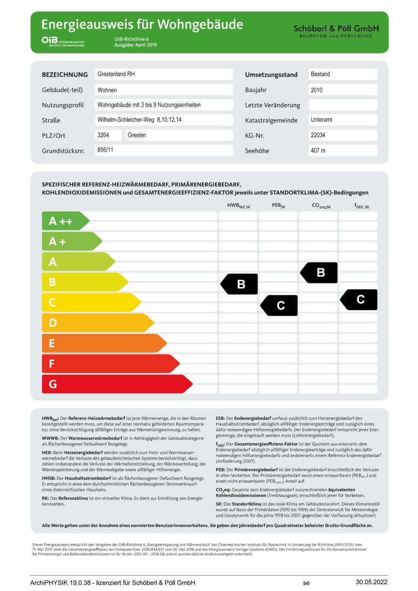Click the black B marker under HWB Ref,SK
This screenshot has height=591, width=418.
pos(240,284)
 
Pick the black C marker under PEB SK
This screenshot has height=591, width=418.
pos(280,305)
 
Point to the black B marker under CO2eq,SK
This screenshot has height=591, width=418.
pos(320,273)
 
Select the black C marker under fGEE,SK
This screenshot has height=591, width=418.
pos(359,300)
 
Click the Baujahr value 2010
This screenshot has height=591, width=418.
pos(342,90)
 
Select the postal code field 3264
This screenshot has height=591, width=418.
pos(108,135)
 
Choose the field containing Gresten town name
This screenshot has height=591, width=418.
pos(179,135)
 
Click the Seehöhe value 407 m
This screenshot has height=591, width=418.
pos(342,150)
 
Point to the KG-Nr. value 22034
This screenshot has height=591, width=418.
pos(342,135)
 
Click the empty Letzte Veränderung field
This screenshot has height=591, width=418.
pos(342,105)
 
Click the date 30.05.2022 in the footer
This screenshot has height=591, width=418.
pos(371,582)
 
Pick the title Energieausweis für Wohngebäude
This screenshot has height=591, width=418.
pos(142,25)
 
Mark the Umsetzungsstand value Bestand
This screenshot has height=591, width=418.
pos(342,74)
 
